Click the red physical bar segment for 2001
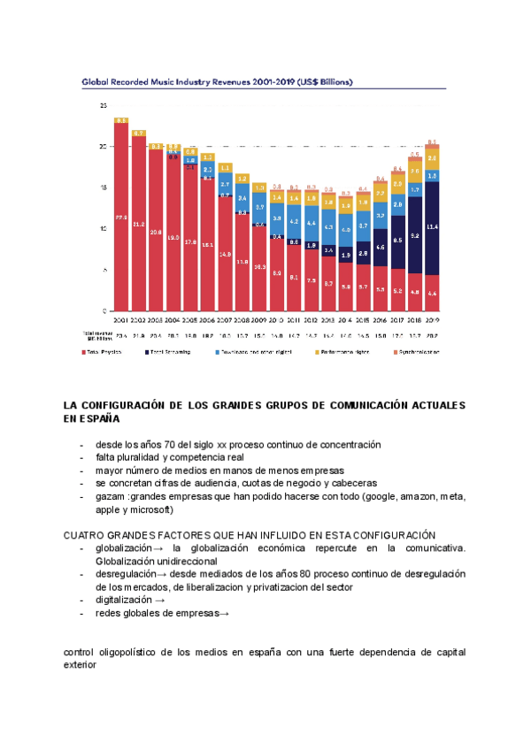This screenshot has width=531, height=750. [x=121, y=217]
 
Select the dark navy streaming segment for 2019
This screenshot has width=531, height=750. [x=432, y=228]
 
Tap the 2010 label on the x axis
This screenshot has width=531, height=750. [x=277, y=319]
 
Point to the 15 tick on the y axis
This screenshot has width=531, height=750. [x=103, y=187]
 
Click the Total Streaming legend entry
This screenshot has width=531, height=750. [x=172, y=352]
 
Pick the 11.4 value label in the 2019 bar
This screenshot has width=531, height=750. [x=432, y=227]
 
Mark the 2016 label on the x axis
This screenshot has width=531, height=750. [x=381, y=319]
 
